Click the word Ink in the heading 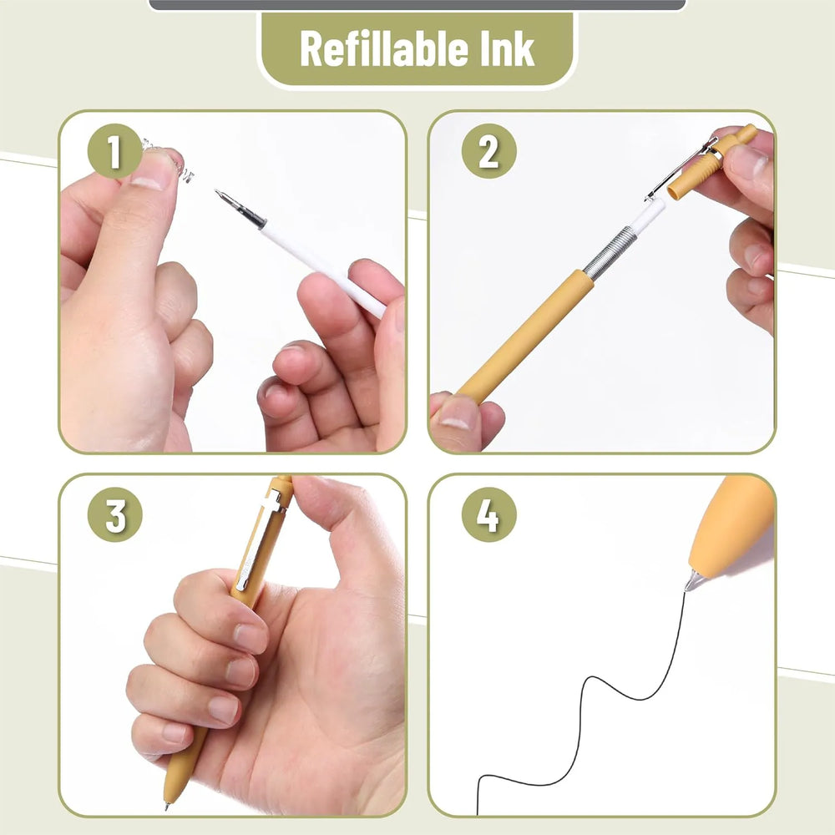507,49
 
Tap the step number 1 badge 114,150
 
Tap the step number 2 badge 488,150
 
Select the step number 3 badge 115,514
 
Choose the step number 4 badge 488,514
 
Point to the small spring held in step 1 170,157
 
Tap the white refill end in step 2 650,215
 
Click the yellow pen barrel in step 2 525,336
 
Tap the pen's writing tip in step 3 167,805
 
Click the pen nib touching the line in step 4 691,581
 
